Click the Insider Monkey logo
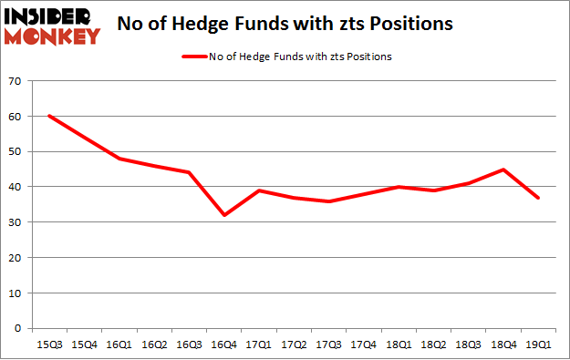click(52, 26)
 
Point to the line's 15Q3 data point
click(48, 116)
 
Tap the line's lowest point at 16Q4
click(224, 215)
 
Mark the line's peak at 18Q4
click(503, 170)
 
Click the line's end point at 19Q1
click(538, 198)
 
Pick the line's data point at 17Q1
click(259, 190)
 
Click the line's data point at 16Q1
click(119, 159)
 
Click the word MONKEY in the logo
click(52, 36)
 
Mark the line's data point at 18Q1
click(399, 187)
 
